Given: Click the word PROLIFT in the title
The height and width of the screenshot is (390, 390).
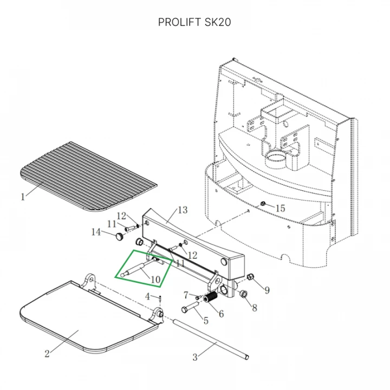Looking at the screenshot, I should click(178, 22).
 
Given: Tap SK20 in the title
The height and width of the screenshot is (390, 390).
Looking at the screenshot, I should click(218, 22).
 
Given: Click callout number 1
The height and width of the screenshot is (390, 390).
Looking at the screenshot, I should click(23, 197).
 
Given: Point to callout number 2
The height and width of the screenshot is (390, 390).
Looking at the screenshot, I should click(47, 354).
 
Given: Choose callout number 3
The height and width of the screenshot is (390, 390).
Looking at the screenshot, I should click(196, 357).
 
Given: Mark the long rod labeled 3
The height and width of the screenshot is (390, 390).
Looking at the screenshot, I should click(211, 339).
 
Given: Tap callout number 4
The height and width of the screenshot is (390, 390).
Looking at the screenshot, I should click(147, 296).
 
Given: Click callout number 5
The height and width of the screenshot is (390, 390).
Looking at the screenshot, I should click(205, 321).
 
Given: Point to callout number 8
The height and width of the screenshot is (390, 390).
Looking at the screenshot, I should click(254, 309).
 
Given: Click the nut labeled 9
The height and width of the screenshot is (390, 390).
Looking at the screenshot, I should click(250, 278).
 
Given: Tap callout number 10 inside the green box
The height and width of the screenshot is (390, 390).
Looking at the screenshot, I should click(155, 279).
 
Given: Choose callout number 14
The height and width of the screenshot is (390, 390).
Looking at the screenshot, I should click(96, 232).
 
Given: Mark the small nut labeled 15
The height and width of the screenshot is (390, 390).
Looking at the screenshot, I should click(263, 204).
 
